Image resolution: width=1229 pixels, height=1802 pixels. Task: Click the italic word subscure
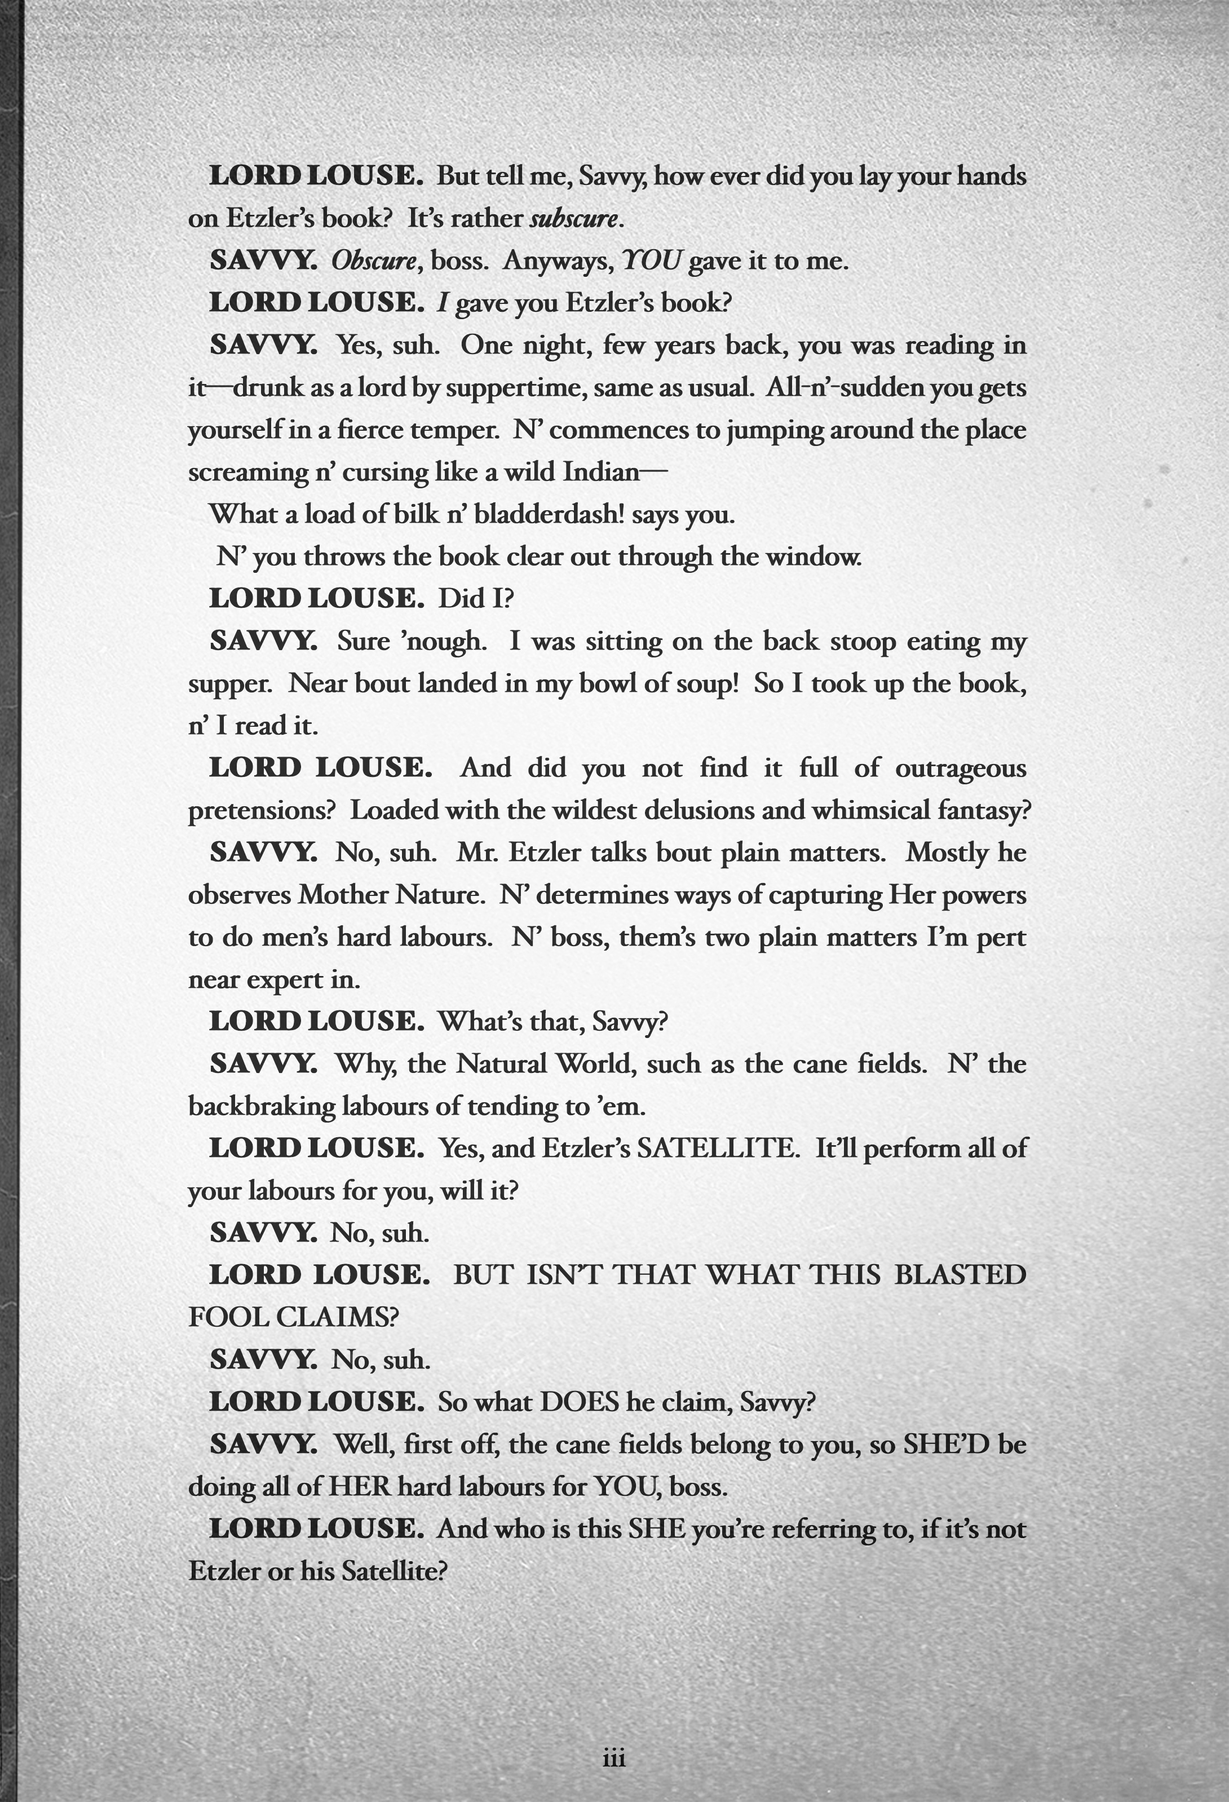coord(574,219)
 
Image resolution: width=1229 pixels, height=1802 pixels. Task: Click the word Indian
coord(601,472)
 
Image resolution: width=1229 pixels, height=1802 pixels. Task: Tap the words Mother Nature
coord(392,895)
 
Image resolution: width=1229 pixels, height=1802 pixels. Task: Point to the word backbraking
coord(262,1106)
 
